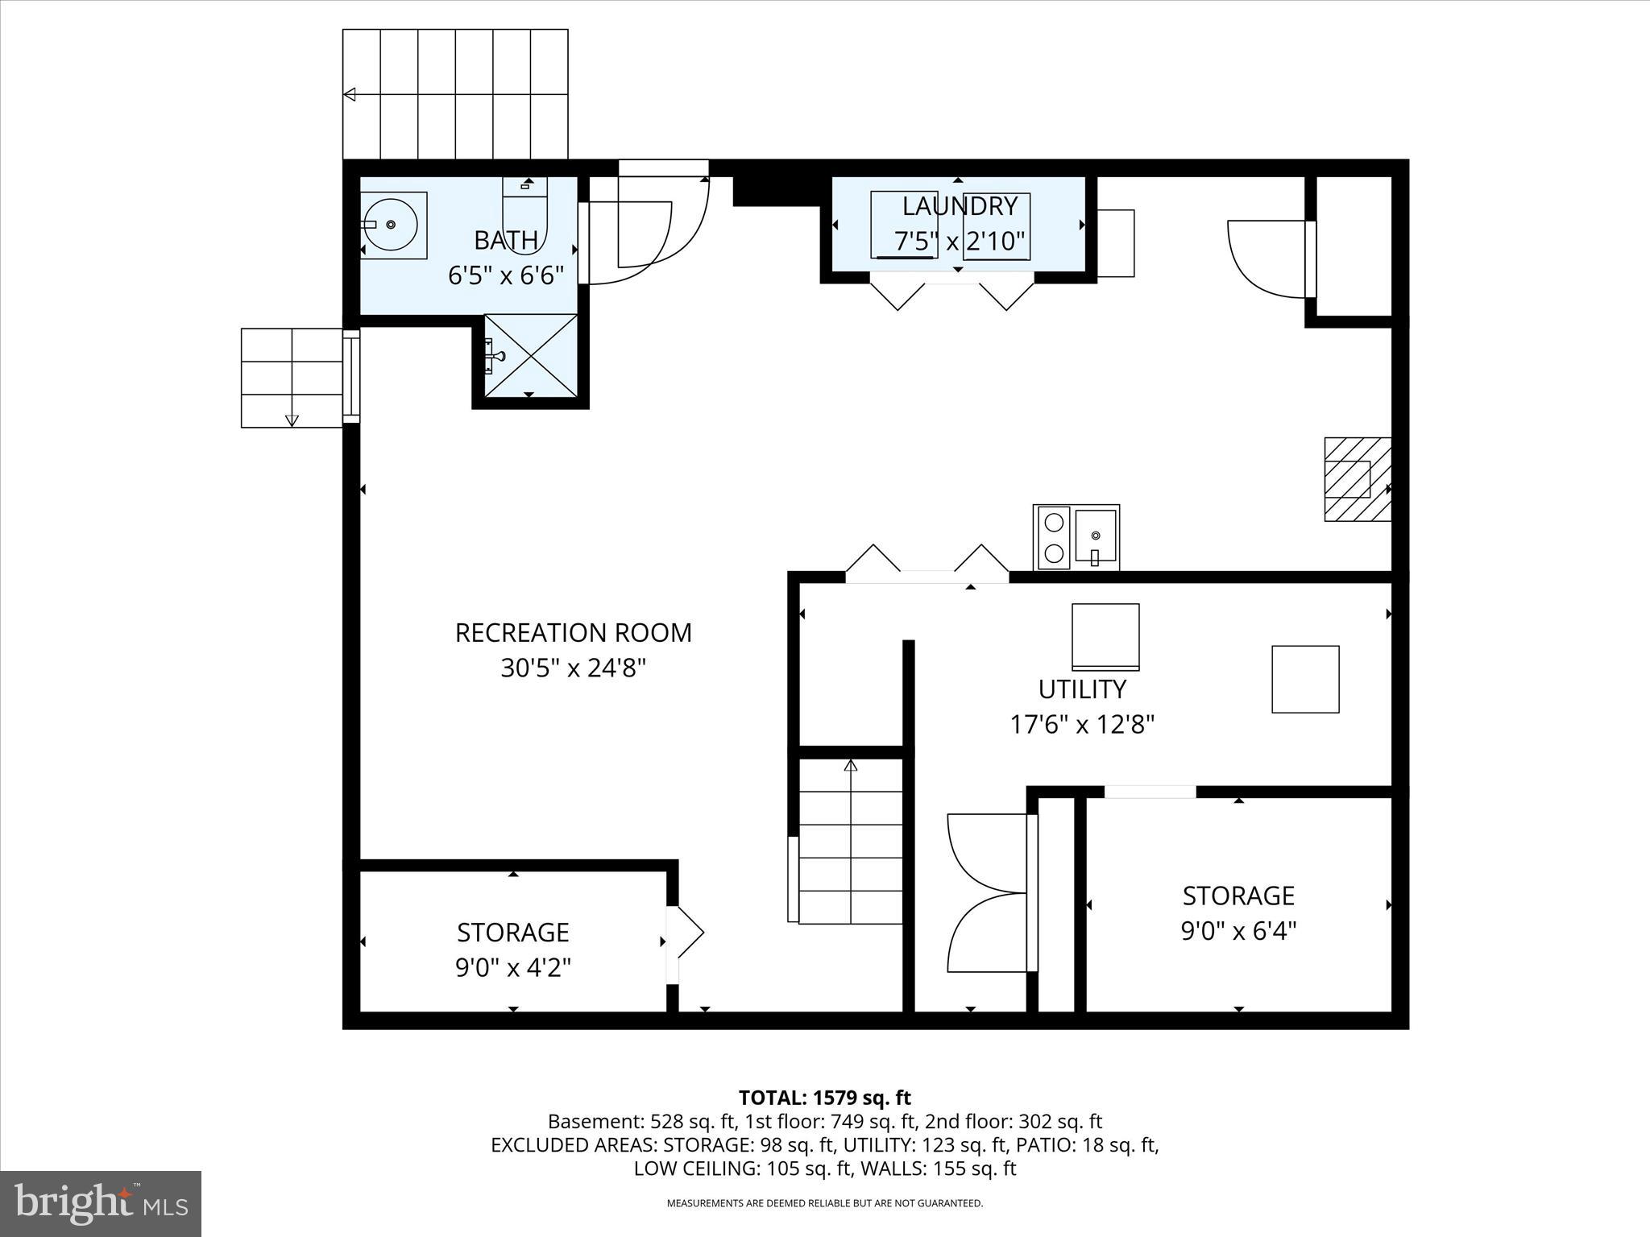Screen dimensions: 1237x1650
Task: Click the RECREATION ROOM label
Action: click(x=573, y=633)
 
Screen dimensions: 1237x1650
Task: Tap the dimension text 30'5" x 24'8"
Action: click(x=573, y=668)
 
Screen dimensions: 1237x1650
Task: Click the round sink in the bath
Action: click(x=391, y=225)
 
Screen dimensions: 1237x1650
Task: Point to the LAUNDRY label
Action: click(x=959, y=207)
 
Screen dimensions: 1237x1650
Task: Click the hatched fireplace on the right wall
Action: click(x=1358, y=479)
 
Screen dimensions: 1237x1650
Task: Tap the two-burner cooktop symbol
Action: click(x=1052, y=537)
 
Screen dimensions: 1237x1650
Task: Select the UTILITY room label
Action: click(x=1081, y=689)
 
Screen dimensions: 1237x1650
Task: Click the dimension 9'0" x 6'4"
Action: click(x=1238, y=932)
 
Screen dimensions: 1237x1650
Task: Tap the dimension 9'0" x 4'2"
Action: click(x=513, y=967)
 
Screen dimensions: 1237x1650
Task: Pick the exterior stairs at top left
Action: click(x=455, y=94)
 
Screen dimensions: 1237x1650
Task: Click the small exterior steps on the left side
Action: click(x=292, y=378)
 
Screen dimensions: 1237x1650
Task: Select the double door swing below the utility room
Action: click(x=988, y=893)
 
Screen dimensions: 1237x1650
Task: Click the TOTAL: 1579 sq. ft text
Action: click(x=824, y=1098)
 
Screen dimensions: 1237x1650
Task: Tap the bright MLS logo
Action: click(x=101, y=1203)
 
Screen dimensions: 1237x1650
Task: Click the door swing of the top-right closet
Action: click(x=1267, y=258)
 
